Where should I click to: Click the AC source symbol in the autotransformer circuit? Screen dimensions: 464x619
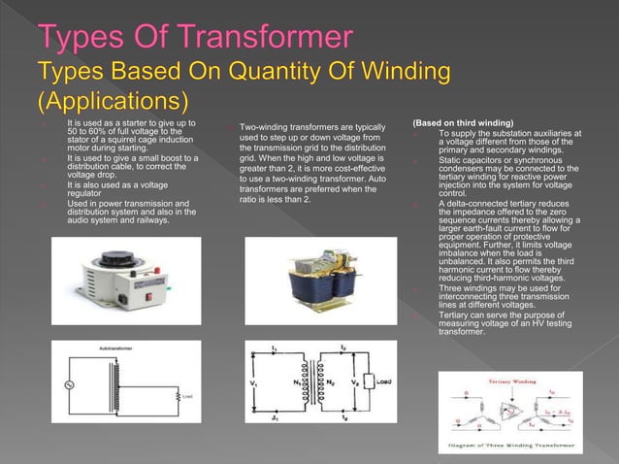coord(70,384)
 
